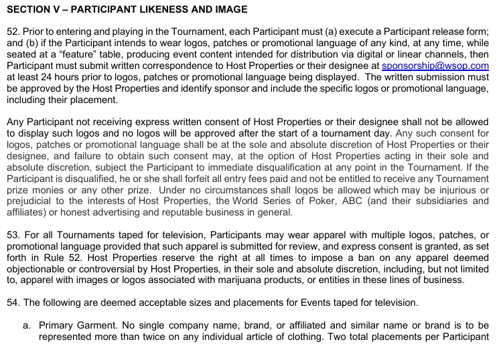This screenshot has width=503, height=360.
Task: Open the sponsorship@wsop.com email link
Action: (435, 66)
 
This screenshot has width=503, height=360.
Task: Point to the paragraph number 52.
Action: (11, 31)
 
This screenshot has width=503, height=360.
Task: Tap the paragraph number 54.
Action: (11, 302)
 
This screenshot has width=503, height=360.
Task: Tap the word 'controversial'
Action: (104, 268)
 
